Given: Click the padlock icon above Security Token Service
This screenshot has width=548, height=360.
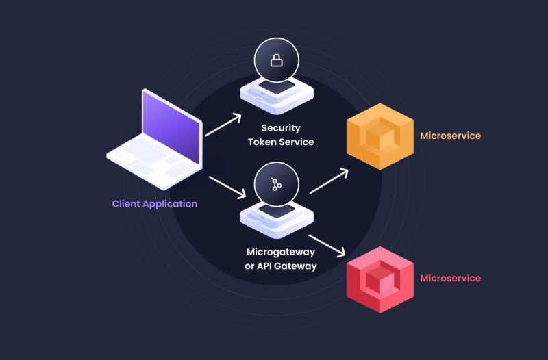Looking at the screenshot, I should pyautogui.click(x=276, y=61).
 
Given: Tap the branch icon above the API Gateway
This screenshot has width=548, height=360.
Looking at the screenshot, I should pyautogui.click(x=277, y=184).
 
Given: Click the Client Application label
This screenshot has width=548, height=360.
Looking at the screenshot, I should pyautogui.click(x=155, y=203).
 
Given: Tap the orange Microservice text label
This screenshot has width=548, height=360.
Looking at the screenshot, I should pyautogui.click(x=450, y=136).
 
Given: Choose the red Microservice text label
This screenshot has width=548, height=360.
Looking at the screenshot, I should pyautogui.click(x=450, y=278).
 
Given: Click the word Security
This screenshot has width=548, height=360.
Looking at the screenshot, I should pyautogui.click(x=281, y=128).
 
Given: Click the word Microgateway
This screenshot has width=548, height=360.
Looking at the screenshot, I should pyautogui.click(x=281, y=252).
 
